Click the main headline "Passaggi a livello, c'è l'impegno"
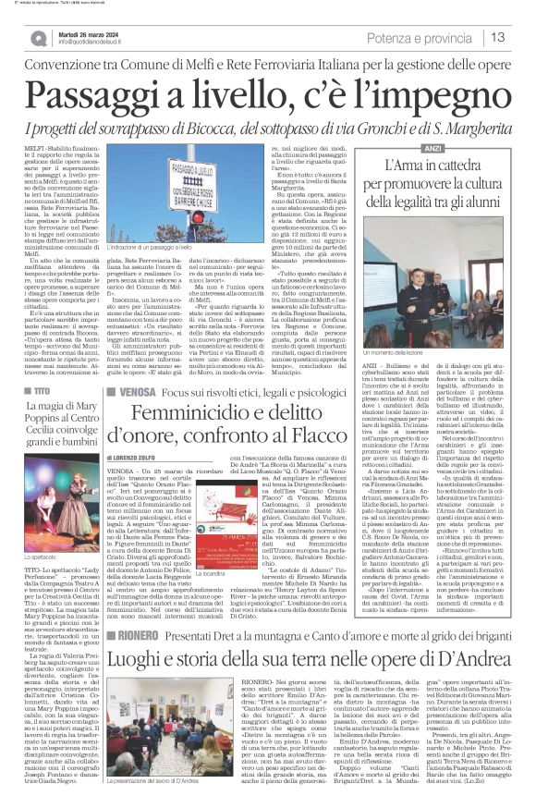click(x=267, y=96)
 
